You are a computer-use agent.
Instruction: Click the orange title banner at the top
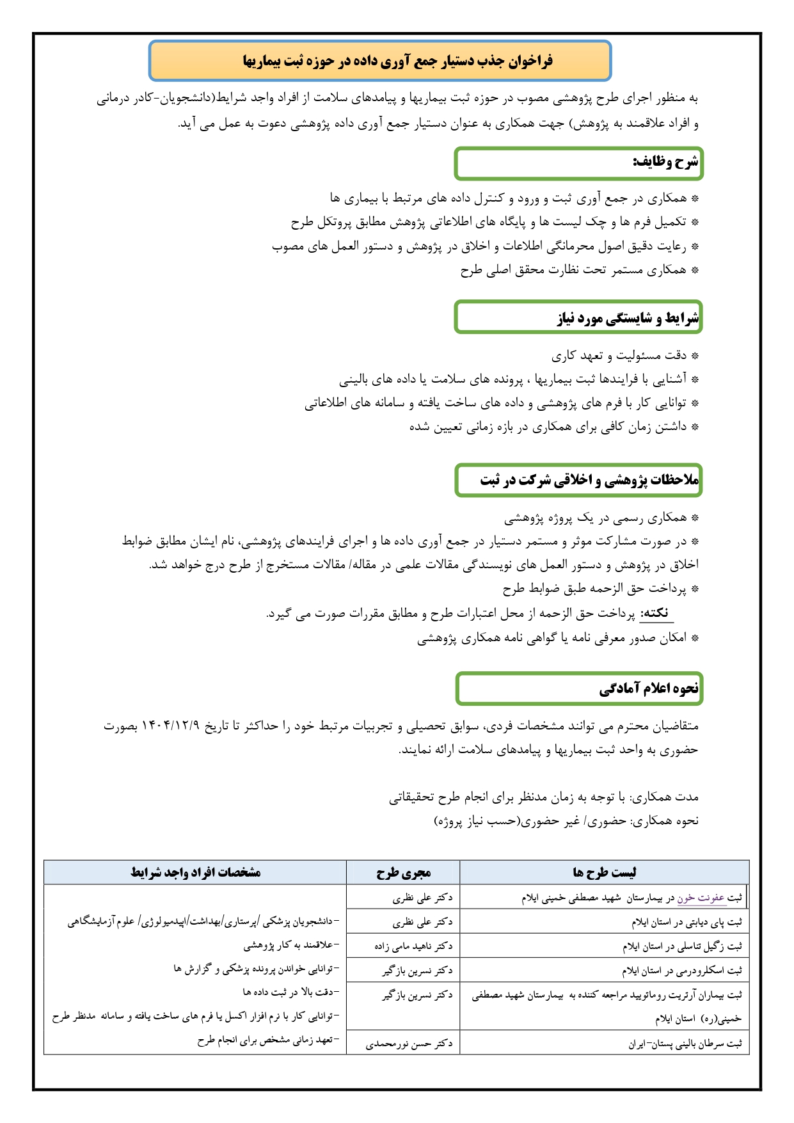pyautogui.click(x=380, y=61)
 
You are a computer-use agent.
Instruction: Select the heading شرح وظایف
pyautogui.click(x=665, y=163)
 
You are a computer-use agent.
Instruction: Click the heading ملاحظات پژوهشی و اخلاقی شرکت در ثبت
pyautogui.click(x=589, y=480)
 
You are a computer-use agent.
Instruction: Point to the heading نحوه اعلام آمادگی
pyautogui.click(x=649, y=689)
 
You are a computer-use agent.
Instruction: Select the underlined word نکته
pyautogui.click(x=656, y=613)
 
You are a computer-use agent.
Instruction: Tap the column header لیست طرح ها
pyautogui.click(x=604, y=872)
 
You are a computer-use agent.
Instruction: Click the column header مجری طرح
pyautogui.click(x=403, y=872)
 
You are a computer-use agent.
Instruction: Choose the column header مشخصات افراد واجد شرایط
pyautogui.click(x=195, y=872)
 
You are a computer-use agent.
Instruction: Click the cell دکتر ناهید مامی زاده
pyautogui.click(x=413, y=946)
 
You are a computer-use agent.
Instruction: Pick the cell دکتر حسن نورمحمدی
pyautogui.click(x=409, y=1043)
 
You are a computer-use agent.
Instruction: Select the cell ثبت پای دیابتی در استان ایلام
pyautogui.click(x=687, y=922)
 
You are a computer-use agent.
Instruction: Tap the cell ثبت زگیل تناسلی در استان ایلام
pyautogui.click(x=682, y=946)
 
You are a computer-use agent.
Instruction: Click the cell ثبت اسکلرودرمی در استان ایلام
pyautogui.click(x=681, y=970)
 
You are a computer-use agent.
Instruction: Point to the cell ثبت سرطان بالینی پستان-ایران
pyautogui.click(x=685, y=1043)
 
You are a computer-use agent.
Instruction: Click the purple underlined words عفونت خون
pyautogui.click(x=701, y=898)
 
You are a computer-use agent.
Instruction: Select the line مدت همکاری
pyautogui.click(x=543, y=797)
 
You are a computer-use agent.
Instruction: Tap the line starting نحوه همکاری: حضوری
pyautogui.click(x=566, y=820)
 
